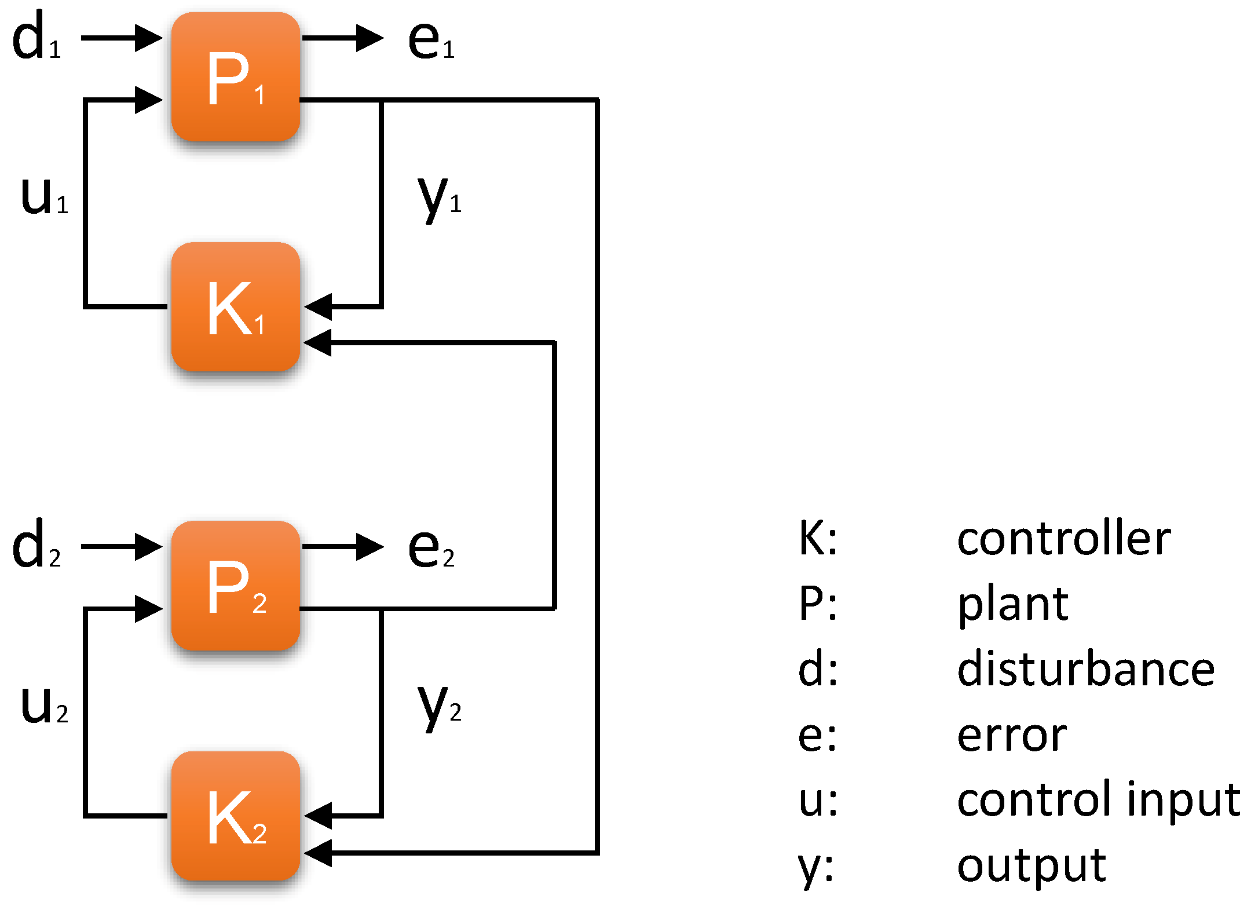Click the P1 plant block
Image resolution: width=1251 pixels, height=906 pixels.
235,77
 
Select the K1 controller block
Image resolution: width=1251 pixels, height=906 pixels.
235,307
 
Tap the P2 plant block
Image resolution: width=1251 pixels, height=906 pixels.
235,586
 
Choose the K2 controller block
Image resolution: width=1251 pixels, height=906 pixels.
235,816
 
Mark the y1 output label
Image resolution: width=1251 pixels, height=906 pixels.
439,197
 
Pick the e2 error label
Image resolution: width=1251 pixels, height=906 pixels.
431,549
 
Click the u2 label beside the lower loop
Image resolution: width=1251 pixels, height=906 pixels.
44,705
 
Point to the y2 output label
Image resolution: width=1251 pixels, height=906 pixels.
439,706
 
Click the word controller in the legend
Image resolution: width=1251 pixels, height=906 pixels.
1063,539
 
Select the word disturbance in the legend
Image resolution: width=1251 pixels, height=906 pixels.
1085,669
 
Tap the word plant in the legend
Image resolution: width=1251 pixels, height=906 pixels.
1012,605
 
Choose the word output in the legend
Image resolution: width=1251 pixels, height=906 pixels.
1031,867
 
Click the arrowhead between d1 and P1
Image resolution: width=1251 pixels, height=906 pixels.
148,38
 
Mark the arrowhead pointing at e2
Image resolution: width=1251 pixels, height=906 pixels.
370,547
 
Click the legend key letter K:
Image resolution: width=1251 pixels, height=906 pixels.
817,539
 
